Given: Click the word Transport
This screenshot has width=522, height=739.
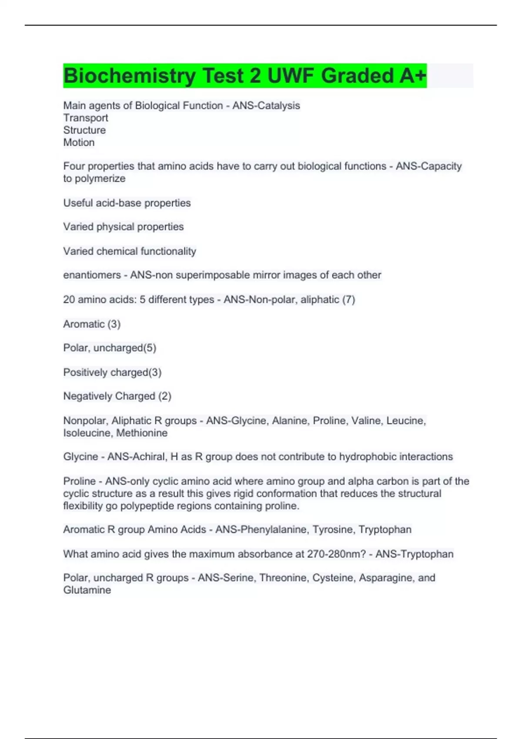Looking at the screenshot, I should [86, 118].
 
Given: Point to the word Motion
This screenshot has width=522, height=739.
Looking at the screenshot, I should [79, 142].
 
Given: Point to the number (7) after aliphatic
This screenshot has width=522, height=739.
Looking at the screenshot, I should [348, 300].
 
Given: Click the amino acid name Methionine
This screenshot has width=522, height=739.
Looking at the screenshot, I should [142, 433].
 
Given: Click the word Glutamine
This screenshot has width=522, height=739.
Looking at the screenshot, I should [87, 590].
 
